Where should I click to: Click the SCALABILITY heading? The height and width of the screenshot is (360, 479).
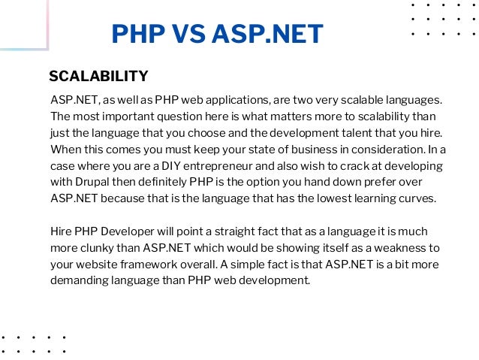pos(98,77)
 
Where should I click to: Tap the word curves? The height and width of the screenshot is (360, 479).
pos(417,198)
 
